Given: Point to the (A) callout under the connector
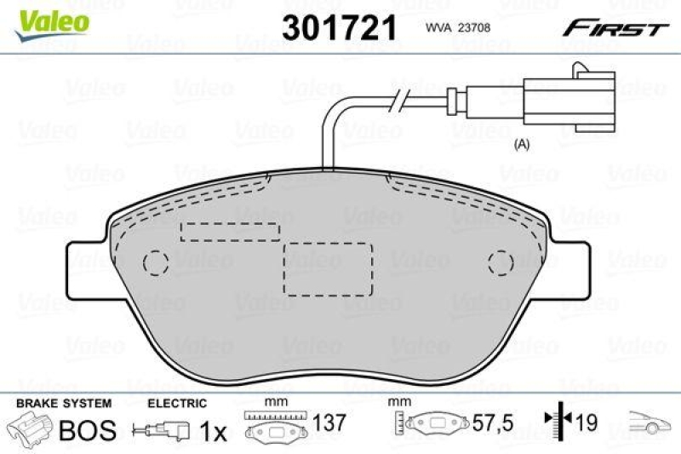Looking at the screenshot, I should [x=523, y=145].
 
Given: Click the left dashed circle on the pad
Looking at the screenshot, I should [x=155, y=263].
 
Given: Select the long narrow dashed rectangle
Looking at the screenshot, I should [x=230, y=231].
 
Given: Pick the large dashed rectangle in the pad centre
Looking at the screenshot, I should [x=328, y=267].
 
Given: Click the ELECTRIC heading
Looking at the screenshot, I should [x=177, y=403].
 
